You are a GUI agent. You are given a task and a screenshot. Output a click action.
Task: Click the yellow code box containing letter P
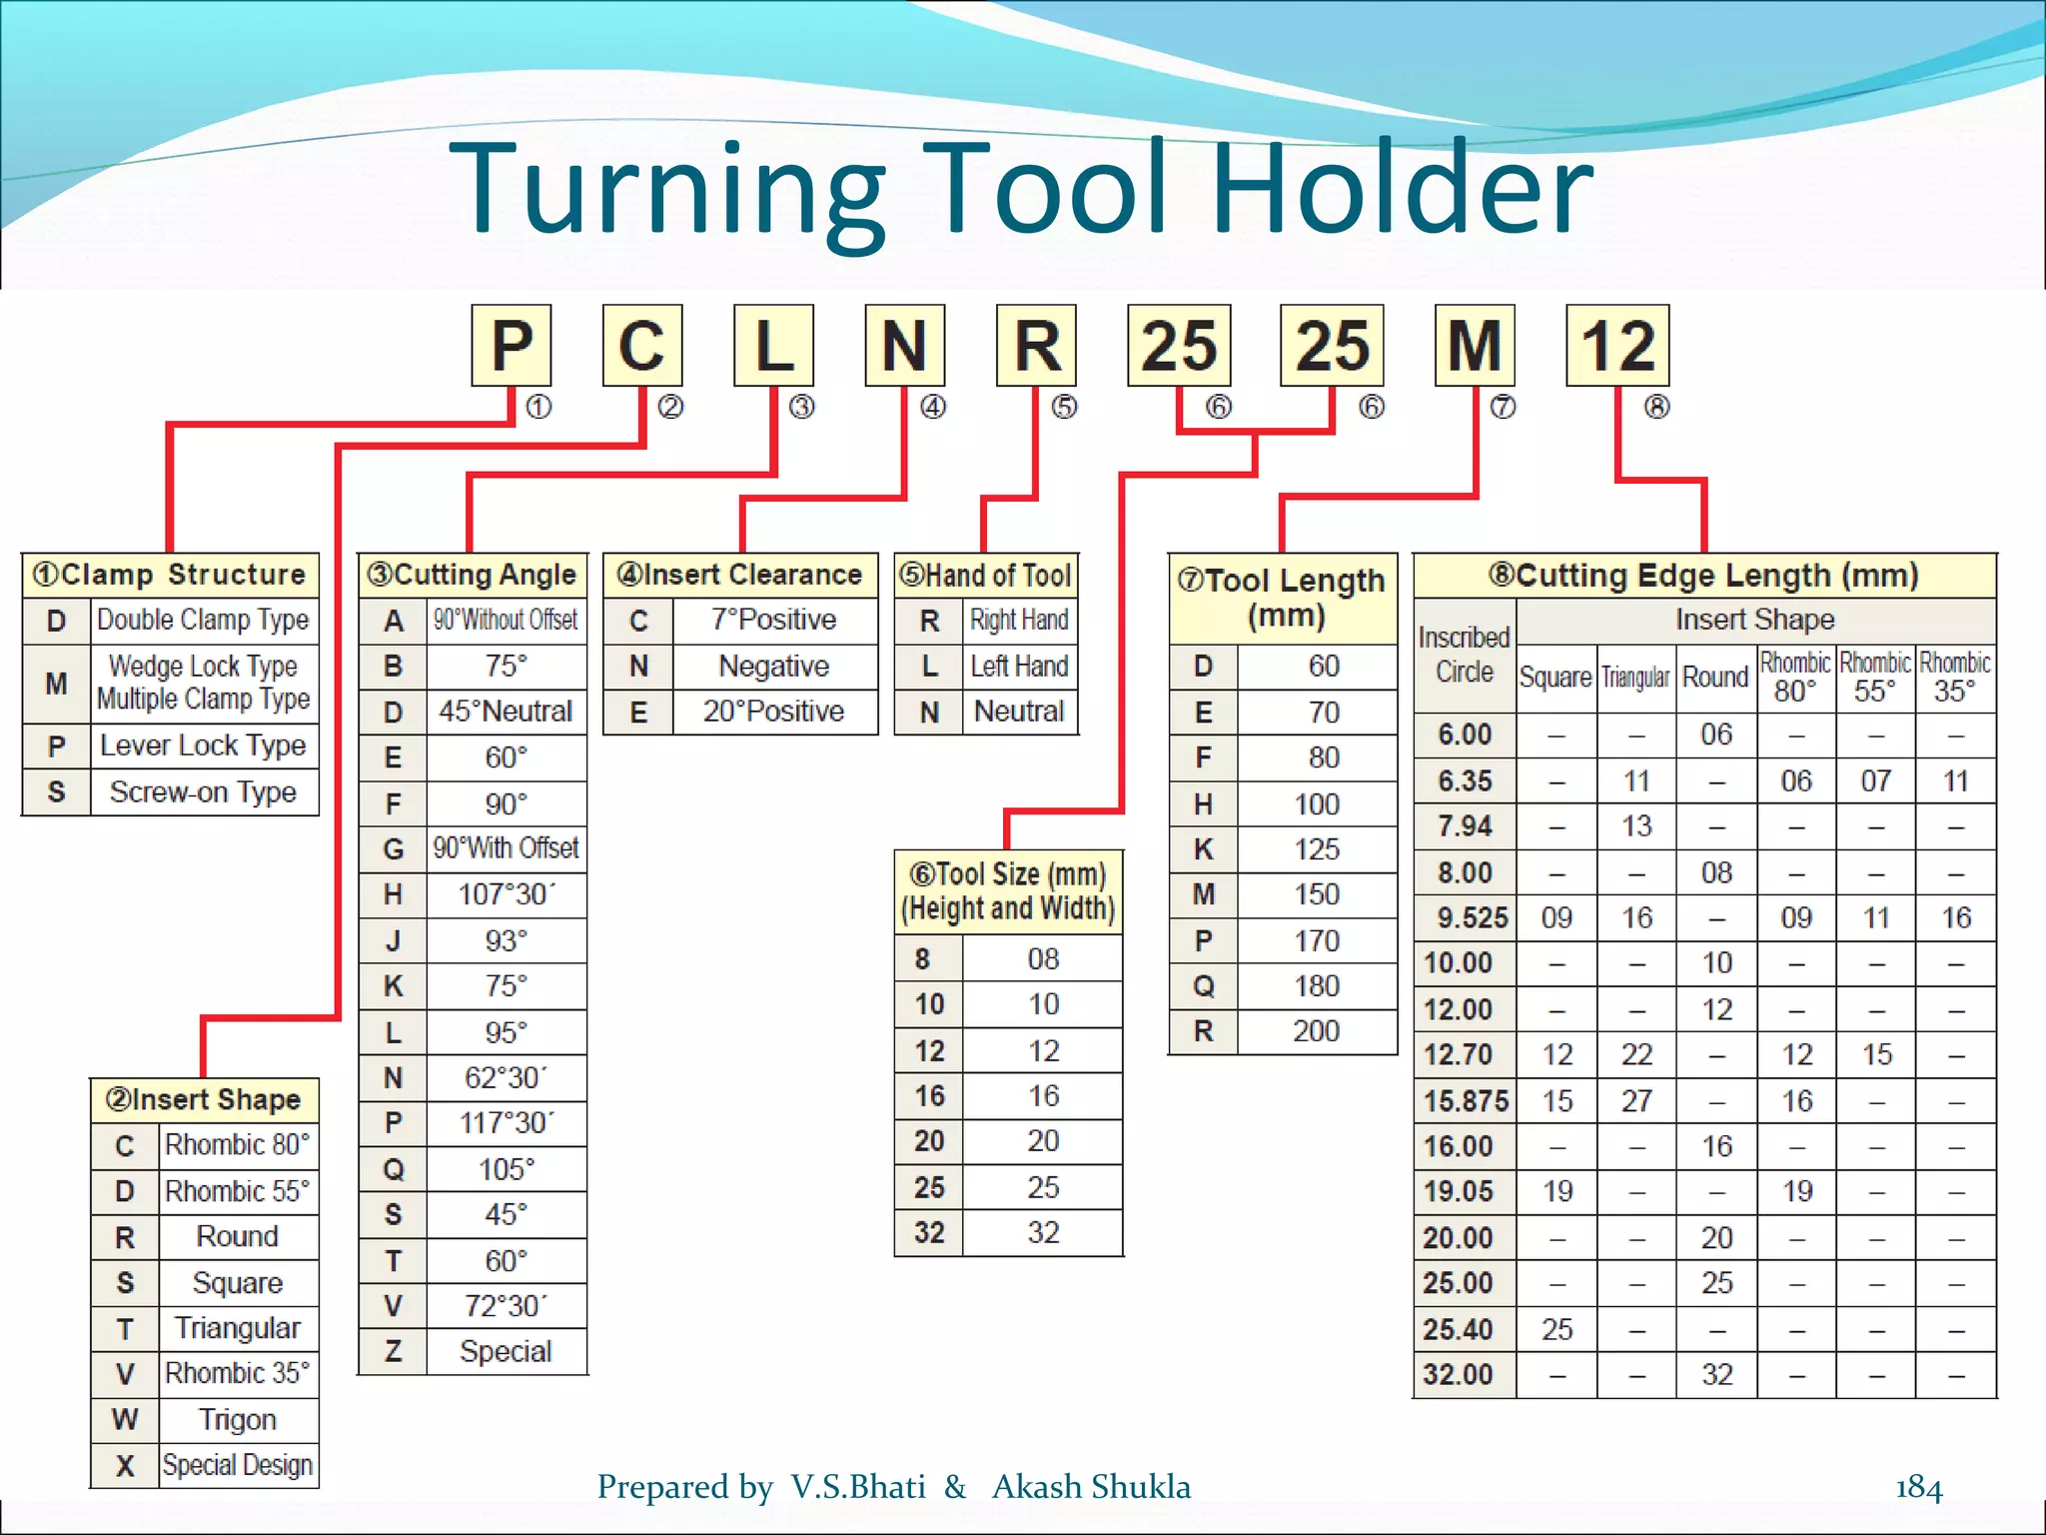pos(511,346)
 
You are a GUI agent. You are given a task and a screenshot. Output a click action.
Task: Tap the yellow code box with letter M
pos(1475,346)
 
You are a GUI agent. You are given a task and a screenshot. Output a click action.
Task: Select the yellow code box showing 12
pos(1617,346)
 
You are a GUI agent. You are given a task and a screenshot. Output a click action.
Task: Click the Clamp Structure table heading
pos(170,575)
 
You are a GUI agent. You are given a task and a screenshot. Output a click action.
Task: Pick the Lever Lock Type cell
pos(204,746)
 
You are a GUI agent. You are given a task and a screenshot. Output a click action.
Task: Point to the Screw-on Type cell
pos(204,792)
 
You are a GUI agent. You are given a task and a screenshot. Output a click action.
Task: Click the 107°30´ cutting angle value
pos(507,894)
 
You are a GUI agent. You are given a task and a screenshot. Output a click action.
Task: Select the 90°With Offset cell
pos(507,848)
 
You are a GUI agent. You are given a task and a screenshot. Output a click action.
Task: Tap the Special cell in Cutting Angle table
pos(506,1352)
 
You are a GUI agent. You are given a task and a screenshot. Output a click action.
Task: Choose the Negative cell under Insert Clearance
pos(774,667)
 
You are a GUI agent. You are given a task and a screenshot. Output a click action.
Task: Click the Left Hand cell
pos(1019,667)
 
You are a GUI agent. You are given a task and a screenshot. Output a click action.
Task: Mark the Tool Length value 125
pos(1317,849)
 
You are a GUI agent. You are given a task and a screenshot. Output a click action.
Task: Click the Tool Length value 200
pos(1317,1031)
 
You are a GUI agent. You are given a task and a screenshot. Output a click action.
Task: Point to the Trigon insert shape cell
pos(238,1420)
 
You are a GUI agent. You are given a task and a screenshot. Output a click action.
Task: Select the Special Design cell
pos(238,1466)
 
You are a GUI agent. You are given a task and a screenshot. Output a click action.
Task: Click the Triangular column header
pos(1636,678)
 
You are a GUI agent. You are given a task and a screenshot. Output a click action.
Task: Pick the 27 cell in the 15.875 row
pos(1636,1101)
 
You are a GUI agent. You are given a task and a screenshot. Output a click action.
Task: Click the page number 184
pos(1918,1488)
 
